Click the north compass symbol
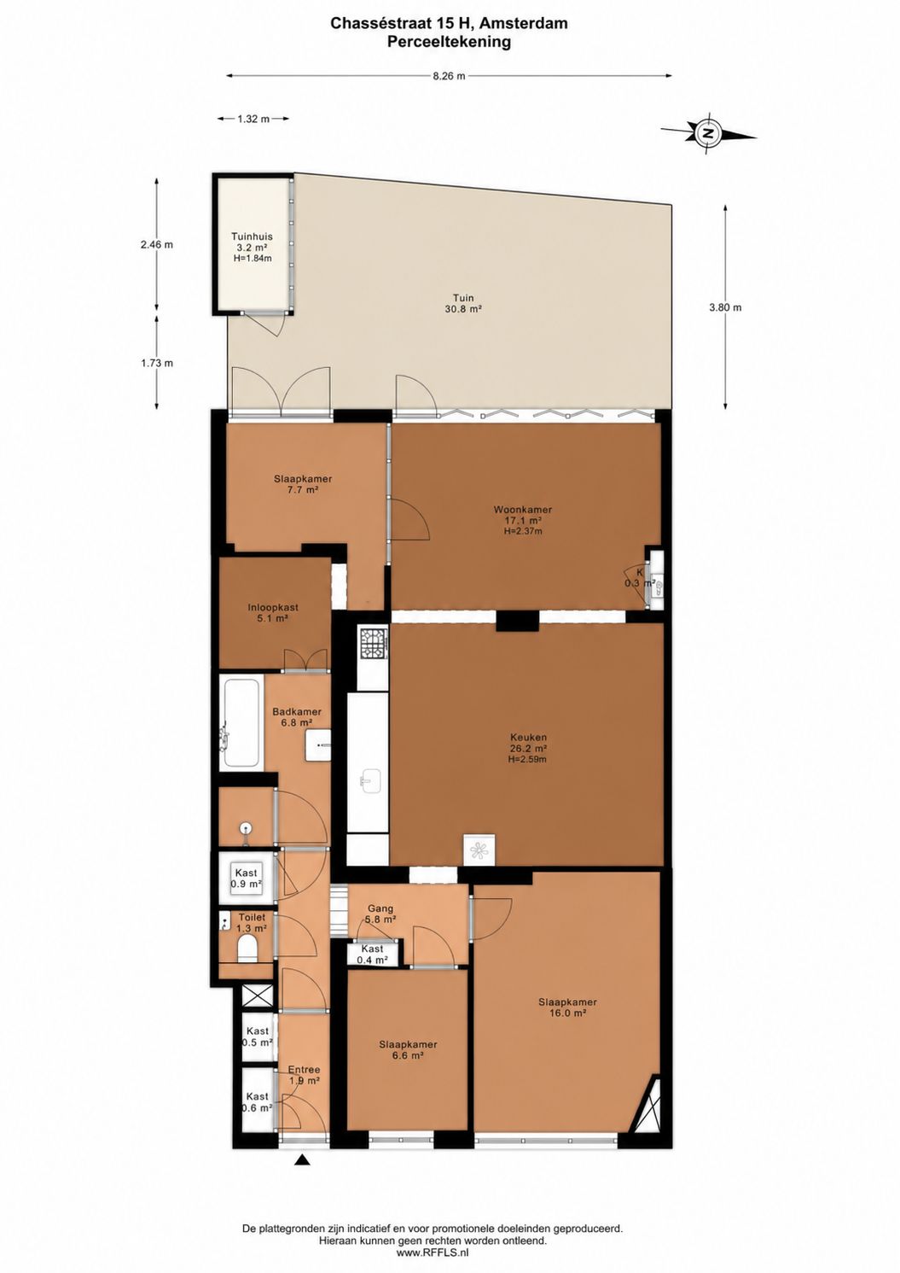707,134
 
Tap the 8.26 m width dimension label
450,76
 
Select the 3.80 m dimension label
726,307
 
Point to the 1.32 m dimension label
253,118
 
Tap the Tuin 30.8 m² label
464,303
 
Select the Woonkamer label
523,511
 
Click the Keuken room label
527,737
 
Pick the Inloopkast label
273,608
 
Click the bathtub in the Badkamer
241,721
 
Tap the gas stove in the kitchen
373,643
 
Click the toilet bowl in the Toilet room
247,949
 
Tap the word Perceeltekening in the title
450,42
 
